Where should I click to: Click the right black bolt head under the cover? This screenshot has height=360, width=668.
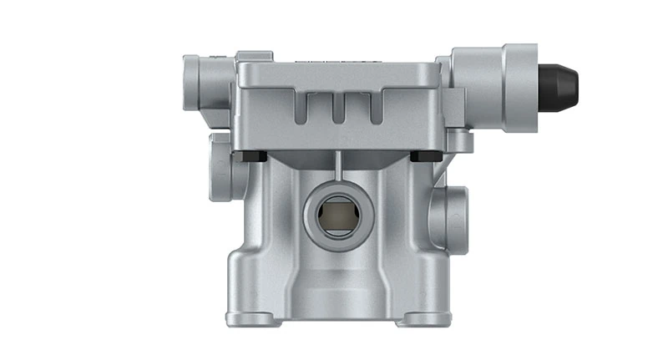pos(422,156)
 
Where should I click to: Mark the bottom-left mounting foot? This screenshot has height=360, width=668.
pos(250,318)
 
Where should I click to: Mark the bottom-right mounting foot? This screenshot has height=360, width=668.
pos(424,318)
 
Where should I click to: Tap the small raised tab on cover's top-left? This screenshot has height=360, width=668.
pos(248,57)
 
